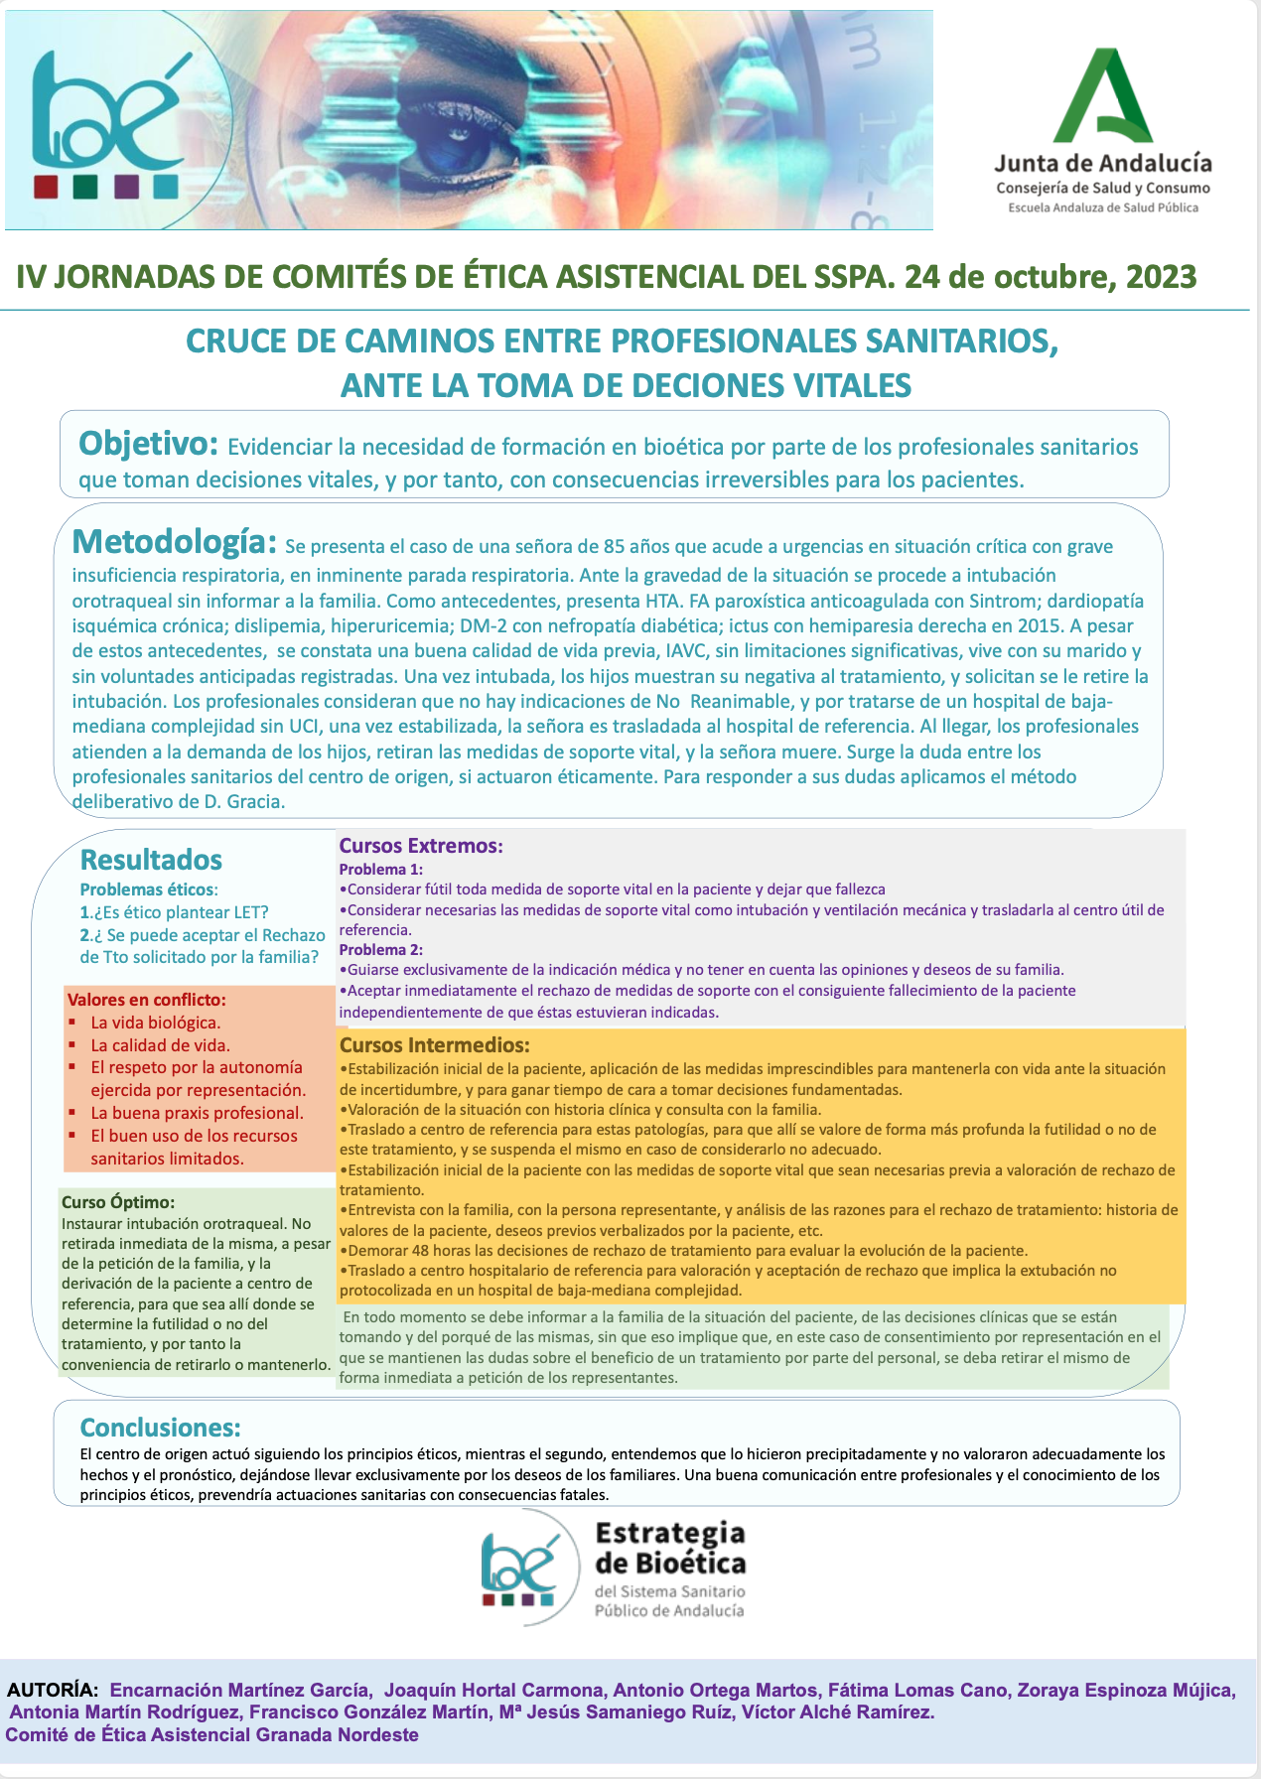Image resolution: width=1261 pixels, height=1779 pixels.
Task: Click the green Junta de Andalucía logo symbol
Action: [1103, 96]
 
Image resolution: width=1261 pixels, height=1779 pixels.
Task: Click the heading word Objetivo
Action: [148, 443]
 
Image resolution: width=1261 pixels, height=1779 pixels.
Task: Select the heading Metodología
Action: [174, 542]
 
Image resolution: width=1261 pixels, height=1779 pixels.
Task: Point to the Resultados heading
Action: [151, 860]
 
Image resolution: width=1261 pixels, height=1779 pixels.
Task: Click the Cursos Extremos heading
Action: [421, 846]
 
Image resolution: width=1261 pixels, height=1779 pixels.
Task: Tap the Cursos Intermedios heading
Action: [434, 1044]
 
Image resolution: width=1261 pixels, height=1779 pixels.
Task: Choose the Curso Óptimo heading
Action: [117, 1202]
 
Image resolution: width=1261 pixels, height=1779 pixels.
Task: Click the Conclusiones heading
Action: [160, 1428]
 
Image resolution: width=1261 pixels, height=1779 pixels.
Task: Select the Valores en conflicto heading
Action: [146, 1000]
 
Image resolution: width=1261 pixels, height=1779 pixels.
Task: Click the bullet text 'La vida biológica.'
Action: [156, 1023]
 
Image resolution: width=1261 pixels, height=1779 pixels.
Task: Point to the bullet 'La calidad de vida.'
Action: [160, 1045]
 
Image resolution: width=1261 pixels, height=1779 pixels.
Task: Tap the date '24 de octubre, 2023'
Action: [1050, 276]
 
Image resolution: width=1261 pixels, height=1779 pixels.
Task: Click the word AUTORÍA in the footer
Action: [53, 1690]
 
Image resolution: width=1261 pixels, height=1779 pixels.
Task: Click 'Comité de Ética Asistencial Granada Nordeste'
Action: [212, 1735]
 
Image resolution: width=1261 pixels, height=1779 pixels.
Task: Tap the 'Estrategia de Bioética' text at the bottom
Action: [669, 1548]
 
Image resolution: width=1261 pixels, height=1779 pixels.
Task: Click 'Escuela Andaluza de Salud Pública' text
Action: [1103, 207]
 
